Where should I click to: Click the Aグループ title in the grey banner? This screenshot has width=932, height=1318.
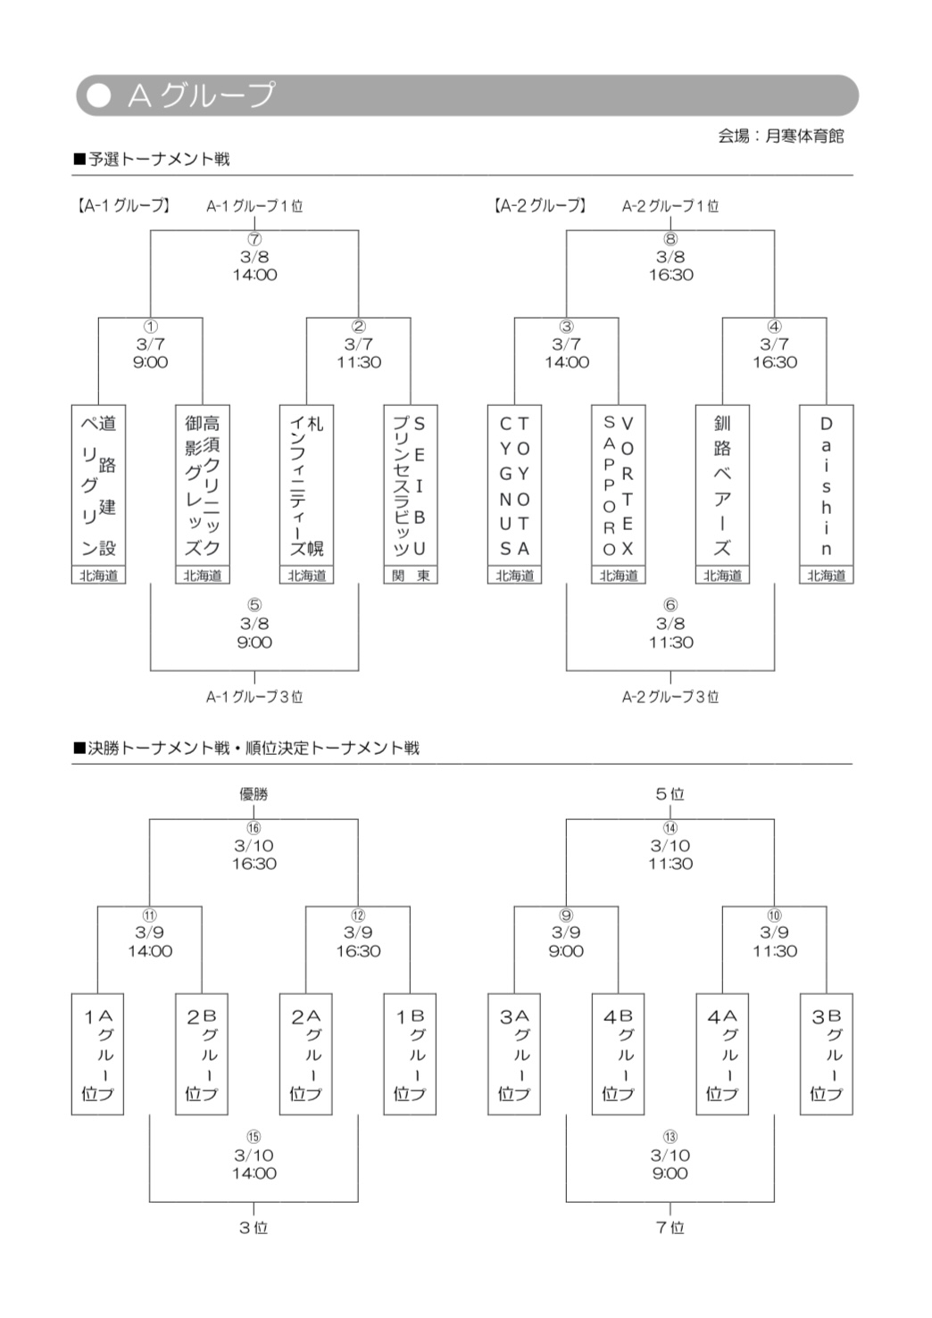[x=201, y=95]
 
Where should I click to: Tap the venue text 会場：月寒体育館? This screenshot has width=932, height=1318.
[x=780, y=136]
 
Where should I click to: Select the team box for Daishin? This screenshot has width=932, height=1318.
[x=826, y=486]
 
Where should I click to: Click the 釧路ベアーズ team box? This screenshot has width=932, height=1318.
[x=722, y=486]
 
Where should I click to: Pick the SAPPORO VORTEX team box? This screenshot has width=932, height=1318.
[x=618, y=486]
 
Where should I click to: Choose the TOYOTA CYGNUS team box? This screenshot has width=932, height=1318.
[x=514, y=486]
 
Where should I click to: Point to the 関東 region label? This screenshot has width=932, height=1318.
[x=411, y=576]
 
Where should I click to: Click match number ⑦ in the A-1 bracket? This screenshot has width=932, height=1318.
[x=254, y=239]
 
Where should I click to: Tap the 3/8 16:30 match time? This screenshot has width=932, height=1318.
[x=670, y=266]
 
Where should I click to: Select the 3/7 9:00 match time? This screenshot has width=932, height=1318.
[x=150, y=353]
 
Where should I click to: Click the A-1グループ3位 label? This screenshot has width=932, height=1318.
[x=254, y=697]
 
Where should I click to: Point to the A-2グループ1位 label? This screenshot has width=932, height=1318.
[x=670, y=206]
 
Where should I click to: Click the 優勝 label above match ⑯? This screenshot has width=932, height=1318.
[x=254, y=793]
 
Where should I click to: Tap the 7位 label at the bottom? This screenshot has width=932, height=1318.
[x=670, y=1228]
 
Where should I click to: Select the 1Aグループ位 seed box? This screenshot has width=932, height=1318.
[x=97, y=1054]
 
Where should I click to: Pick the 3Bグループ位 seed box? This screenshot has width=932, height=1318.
[x=826, y=1054]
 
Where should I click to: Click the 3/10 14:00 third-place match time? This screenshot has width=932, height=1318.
[x=254, y=1165]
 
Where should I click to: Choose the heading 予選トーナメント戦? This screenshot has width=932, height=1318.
[x=158, y=159]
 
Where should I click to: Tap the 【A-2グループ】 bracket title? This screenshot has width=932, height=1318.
[x=540, y=206]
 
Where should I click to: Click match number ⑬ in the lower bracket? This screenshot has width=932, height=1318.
[x=670, y=1137]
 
